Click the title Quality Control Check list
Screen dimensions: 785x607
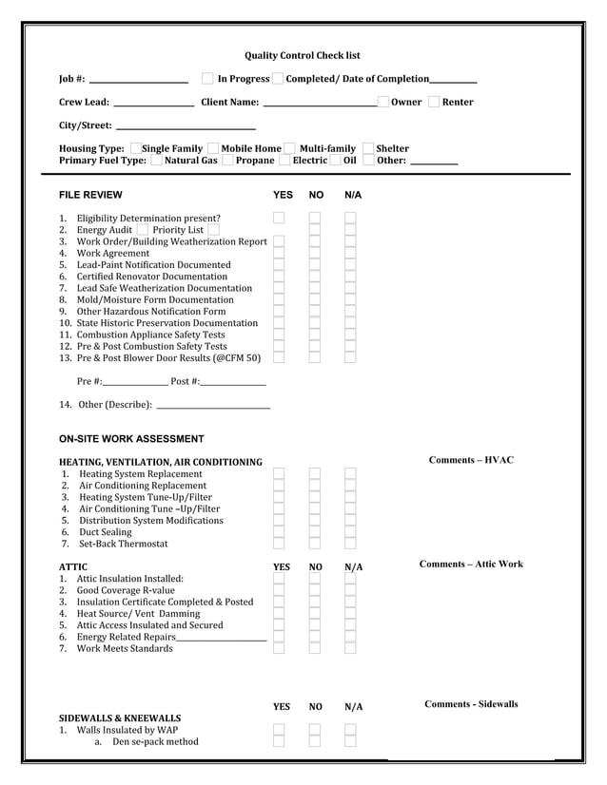303,56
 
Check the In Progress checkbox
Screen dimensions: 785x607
207,78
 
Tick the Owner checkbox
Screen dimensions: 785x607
383,102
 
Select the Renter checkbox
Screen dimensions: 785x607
435,102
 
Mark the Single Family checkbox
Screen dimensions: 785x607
136,147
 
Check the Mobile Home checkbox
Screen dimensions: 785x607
214,147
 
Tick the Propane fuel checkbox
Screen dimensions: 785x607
228,161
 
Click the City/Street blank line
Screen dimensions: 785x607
185,127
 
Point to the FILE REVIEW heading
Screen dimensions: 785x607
90,195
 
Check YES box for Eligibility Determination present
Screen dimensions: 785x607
279,218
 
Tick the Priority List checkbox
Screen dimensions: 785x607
213,230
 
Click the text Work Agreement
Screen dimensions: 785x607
113,254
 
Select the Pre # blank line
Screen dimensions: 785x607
135,382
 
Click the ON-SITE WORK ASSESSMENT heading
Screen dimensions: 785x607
131,439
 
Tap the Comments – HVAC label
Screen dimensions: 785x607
471,461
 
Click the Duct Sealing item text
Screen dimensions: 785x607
106,532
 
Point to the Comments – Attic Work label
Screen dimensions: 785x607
471,565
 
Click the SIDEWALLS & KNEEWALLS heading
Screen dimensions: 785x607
120,718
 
